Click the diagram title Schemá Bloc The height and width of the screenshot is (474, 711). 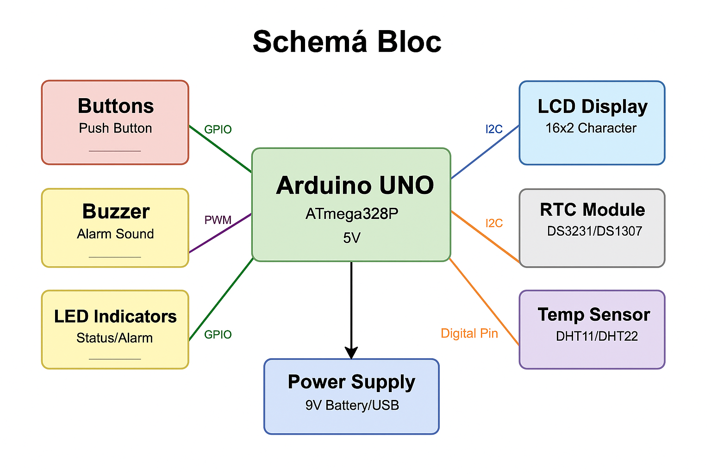click(x=347, y=42)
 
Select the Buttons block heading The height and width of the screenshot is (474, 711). click(x=116, y=106)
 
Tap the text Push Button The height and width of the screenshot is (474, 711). click(x=115, y=128)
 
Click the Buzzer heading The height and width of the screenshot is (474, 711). click(x=116, y=212)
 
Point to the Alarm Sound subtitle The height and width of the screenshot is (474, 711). click(x=115, y=234)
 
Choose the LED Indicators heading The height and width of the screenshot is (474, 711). click(x=115, y=317)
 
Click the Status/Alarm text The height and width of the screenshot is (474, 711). click(x=115, y=338)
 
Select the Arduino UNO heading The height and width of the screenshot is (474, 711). click(x=355, y=185)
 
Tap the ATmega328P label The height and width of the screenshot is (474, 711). click(x=352, y=214)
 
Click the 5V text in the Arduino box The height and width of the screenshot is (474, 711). click(x=352, y=238)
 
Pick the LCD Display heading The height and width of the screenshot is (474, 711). click(x=592, y=106)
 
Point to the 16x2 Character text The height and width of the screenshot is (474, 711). click(x=591, y=128)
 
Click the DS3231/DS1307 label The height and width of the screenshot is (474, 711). click(x=594, y=231)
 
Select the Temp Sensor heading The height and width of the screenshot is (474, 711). click(x=594, y=315)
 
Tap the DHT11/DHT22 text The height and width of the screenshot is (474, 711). click(x=597, y=336)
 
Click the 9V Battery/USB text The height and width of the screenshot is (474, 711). click(x=352, y=405)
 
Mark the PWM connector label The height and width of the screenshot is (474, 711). click(x=218, y=220)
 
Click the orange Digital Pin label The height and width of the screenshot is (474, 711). click(x=469, y=333)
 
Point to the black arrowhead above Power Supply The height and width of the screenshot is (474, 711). click(x=351, y=353)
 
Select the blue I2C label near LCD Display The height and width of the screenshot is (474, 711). click(x=494, y=129)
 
